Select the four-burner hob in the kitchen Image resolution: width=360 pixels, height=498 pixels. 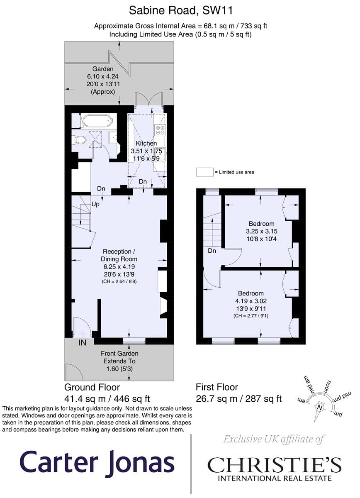tap(160, 130)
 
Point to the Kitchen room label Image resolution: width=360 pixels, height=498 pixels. tap(146, 144)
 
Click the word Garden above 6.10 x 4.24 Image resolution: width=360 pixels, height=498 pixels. tap(103, 69)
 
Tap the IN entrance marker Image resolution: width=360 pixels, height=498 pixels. tap(83, 343)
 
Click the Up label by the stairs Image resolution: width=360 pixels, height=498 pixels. tap(95, 204)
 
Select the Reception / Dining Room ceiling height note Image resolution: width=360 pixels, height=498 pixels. tap(119, 281)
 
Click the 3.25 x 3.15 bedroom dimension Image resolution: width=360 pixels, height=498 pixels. tap(262, 231)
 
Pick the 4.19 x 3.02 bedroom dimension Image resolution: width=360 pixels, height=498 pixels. tap(251, 301)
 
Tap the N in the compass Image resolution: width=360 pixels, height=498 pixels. tap(320, 408)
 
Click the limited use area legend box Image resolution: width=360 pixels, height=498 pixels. tap(204, 172)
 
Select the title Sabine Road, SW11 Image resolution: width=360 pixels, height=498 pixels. tap(181, 10)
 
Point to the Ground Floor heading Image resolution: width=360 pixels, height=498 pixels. tap(92, 387)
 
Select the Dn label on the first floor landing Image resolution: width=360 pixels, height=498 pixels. tap(212, 251)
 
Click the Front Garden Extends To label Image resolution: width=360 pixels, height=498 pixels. tap(119, 357)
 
